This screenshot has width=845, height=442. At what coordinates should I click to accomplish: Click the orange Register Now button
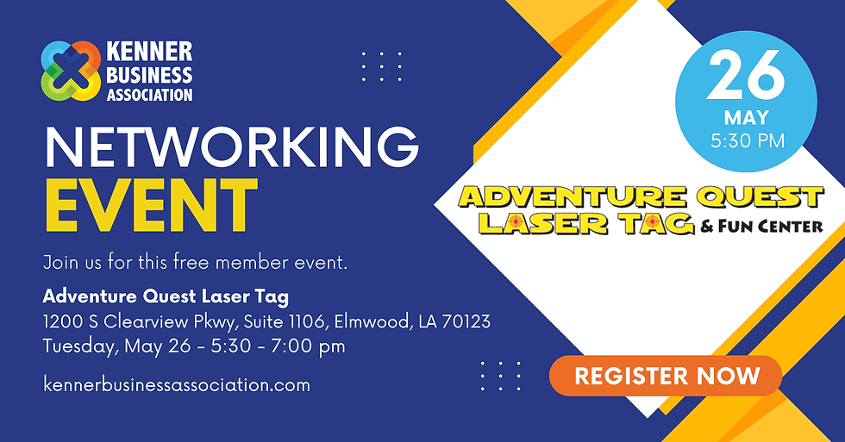[666, 376]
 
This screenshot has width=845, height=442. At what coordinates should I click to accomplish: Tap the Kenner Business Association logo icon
[72, 71]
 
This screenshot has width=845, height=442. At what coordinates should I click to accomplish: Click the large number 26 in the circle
[747, 78]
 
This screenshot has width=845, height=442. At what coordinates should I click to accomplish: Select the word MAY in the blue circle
[747, 118]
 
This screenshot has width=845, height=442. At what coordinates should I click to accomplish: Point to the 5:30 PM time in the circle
[747, 140]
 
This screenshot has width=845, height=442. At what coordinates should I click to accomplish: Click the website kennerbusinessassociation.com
[176, 384]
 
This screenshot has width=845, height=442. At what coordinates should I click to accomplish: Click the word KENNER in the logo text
[149, 52]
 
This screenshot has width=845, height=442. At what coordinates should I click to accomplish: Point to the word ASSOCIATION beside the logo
[149, 94]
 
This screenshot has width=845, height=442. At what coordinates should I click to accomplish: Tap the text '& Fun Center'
[761, 227]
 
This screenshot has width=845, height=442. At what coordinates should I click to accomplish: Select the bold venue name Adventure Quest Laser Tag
[166, 297]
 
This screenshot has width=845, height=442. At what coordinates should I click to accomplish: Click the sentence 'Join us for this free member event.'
[195, 262]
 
